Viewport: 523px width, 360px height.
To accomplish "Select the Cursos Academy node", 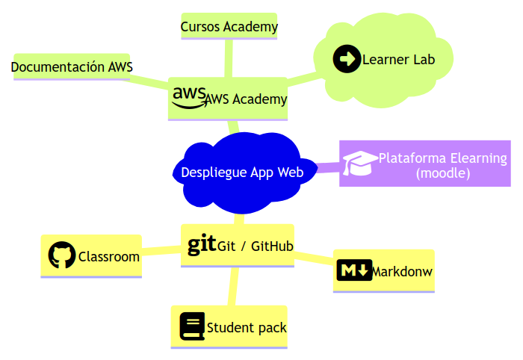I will [229, 27].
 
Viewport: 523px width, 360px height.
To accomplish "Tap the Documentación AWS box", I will [72, 67].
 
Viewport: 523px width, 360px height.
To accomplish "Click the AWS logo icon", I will [188, 97].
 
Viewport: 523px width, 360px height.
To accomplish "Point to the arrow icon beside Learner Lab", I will [347, 58].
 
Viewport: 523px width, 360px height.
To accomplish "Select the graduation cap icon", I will [360, 163].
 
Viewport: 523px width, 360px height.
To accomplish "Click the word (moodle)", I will [442, 173].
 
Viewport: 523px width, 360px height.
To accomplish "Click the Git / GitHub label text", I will [255, 246].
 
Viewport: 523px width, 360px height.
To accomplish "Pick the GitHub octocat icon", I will [62, 255].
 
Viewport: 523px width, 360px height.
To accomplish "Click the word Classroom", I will [109, 257].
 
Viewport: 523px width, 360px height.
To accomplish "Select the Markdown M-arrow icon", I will [354, 270].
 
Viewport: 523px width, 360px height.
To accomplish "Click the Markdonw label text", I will [402, 270].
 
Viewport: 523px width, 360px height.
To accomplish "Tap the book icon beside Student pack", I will [192, 326].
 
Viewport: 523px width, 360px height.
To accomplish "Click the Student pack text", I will [247, 328].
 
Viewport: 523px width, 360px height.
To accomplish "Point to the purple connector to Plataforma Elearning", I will [327, 167].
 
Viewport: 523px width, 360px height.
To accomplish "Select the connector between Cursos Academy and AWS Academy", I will [229, 58].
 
